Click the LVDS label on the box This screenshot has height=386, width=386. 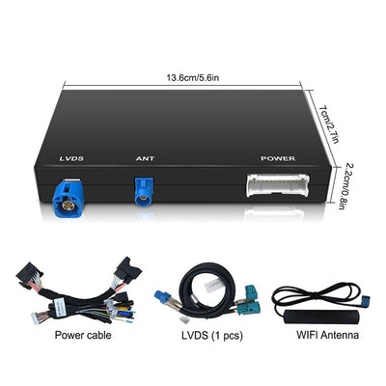(71, 158)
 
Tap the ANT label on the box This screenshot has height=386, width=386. (145, 158)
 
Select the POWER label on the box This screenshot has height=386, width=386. (278, 158)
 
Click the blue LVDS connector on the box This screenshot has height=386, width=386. (68, 198)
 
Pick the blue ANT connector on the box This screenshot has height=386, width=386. (144, 192)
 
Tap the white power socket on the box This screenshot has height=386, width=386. (278, 185)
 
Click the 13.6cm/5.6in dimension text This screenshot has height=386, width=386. (193, 78)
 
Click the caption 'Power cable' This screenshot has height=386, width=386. (83, 335)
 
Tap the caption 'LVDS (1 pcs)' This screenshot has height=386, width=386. (212, 336)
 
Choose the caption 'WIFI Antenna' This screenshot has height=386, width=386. (327, 335)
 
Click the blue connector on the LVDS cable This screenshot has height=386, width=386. (163, 297)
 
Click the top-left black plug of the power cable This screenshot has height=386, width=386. (29, 274)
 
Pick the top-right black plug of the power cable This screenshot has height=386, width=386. (127, 270)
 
